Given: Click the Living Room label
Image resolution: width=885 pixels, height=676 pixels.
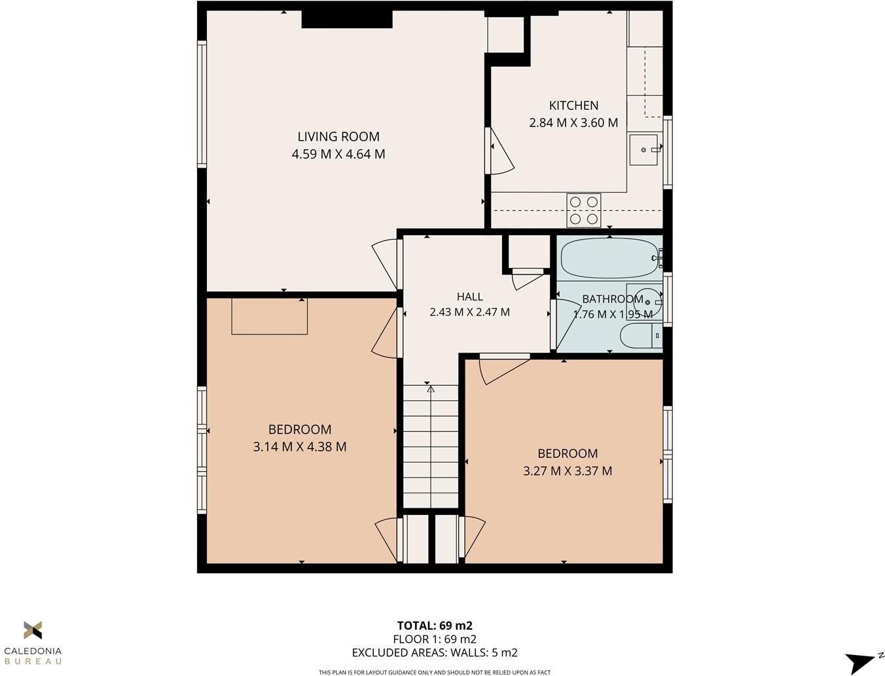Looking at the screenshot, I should (x=338, y=137).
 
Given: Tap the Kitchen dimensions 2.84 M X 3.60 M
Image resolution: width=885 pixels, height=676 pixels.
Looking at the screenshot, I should (x=573, y=122).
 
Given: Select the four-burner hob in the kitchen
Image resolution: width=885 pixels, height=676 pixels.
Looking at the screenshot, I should (x=583, y=210).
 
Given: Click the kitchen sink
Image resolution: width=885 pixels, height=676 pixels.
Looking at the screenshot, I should (x=644, y=150).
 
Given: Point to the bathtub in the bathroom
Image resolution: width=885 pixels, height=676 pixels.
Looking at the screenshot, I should (x=609, y=258).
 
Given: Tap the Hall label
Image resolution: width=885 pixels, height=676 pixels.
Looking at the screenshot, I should (x=469, y=297).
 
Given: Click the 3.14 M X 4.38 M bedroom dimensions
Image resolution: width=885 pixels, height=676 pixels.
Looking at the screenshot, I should (x=300, y=447).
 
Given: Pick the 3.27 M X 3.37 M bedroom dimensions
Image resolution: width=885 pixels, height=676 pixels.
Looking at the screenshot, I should (x=568, y=471).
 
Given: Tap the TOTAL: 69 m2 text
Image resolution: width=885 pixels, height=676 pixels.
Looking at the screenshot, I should (x=435, y=626).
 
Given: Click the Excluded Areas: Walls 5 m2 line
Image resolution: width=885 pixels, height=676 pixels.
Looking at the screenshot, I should (x=435, y=652).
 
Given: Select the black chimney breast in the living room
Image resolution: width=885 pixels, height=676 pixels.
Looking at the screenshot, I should (x=346, y=19).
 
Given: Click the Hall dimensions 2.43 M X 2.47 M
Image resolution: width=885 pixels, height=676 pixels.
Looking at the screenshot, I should (x=469, y=312).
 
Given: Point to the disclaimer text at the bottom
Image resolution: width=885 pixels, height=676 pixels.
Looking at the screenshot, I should (x=435, y=672).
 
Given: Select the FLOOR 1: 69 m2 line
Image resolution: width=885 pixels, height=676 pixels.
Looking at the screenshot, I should (x=435, y=639).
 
